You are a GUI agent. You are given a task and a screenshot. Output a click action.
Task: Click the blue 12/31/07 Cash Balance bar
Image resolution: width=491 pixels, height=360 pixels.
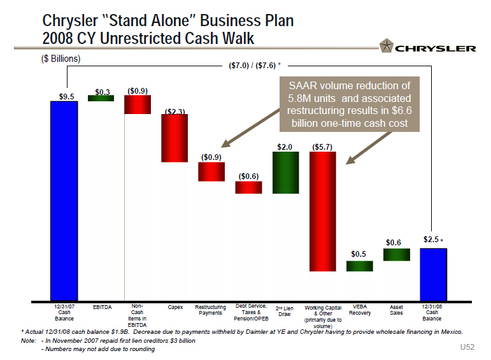point(64,200)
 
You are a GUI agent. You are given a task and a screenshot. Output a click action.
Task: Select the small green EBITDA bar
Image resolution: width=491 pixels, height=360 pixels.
point(101,98)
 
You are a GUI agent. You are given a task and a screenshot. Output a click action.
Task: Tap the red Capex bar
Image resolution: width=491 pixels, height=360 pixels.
point(174,138)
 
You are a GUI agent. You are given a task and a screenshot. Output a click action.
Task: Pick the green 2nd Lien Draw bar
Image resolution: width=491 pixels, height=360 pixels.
point(285,172)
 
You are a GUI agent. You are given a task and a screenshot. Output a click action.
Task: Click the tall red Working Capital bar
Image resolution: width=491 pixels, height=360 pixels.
point(322,211)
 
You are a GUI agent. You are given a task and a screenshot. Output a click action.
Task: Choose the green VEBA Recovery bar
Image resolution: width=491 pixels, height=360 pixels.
point(359,266)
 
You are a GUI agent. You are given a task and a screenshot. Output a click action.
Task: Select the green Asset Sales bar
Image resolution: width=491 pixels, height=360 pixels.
point(396,254)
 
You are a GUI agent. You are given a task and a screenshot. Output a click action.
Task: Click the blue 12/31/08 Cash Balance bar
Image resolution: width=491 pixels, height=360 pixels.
point(433,274)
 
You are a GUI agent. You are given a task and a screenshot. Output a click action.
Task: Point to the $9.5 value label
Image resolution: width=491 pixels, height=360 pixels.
point(66,96)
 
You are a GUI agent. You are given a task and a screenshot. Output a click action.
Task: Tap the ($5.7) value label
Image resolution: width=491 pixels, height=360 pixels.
point(323,147)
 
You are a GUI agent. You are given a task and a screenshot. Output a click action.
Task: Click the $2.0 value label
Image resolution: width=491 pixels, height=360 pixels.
point(285,147)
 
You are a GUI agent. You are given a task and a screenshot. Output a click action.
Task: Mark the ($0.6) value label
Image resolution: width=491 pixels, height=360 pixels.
point(248,176)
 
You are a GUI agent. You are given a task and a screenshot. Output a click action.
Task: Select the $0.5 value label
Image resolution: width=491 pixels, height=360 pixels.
point(359,254)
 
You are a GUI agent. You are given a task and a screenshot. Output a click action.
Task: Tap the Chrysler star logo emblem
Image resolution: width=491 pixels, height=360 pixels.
point(386,46)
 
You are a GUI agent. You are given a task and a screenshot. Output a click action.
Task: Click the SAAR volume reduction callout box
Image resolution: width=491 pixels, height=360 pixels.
point(349,104)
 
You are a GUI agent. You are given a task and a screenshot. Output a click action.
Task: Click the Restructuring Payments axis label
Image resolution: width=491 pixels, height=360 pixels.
point(210,310)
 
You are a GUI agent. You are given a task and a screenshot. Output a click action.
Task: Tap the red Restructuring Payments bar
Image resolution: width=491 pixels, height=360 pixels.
point(211,171)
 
